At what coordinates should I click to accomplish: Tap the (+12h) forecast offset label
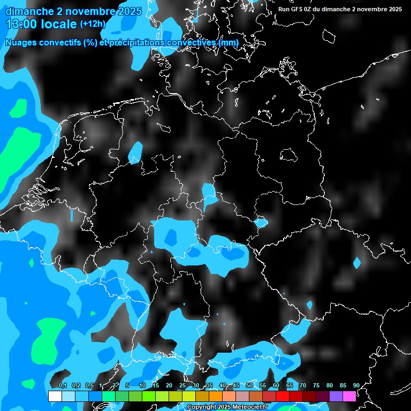click(93, 24)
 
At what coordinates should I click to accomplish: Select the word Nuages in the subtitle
click(21, 43)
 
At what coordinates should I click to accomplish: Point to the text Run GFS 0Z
click(296, 9)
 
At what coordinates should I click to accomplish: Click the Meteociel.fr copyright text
click(227, 407)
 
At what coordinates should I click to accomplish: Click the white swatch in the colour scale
click(55, 396)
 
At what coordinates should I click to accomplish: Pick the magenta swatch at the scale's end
click(349, 396)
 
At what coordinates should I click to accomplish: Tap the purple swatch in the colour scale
click(336, 396)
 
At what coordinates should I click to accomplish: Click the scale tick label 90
click(356, 385)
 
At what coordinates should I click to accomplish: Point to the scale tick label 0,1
click(62, 385)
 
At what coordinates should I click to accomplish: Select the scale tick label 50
click(249, 385)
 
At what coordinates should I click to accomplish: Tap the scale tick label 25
click(182, 385)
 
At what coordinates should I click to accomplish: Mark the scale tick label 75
click(316, 385)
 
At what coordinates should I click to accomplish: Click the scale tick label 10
click(142, 385)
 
